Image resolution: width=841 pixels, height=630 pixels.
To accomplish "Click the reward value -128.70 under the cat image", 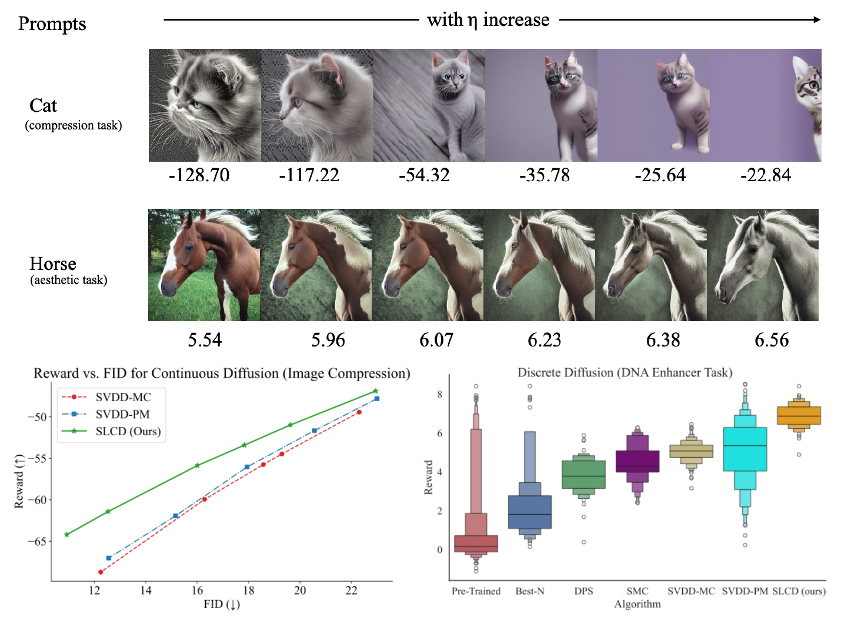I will click(199, 175).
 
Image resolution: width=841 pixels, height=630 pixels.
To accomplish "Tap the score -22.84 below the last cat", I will click(765, 175).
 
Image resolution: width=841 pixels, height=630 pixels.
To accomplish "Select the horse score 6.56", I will click(772, 340).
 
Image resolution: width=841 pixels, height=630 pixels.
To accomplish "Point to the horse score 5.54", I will click(205, 340).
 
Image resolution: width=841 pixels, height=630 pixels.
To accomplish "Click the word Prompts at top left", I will click(52, 24).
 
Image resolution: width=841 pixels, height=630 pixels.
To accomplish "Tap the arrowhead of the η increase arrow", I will click(817, 20).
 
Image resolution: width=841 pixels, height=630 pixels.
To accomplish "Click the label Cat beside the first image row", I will click(43, 106).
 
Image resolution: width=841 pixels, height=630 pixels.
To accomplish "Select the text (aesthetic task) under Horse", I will click(69, 280).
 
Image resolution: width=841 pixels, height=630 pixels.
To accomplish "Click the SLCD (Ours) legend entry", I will click(128, 431).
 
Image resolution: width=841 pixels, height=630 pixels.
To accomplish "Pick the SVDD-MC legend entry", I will click(123, 397).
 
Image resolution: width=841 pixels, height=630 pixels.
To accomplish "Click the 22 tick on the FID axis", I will click(351, 591).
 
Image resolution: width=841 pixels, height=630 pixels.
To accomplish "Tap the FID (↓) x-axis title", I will click(221, 605).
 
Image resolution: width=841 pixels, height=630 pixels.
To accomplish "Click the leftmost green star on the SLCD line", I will click(66, 535).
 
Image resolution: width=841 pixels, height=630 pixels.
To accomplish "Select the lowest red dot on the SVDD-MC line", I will click(101, 572).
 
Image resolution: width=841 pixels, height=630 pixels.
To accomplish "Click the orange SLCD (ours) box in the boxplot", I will click(799, 415).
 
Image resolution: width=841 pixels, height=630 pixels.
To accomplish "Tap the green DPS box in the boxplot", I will click(583, 475).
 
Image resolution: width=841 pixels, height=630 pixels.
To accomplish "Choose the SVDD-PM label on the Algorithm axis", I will click(745, 591).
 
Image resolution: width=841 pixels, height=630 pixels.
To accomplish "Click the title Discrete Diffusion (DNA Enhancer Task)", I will click(625, 372).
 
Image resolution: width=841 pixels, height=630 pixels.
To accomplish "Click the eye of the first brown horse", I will click(189, 248).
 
